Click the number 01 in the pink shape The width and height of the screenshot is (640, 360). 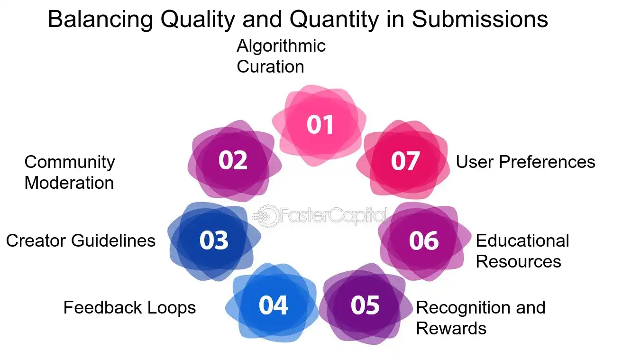320,124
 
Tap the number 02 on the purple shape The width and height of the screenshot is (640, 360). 233,161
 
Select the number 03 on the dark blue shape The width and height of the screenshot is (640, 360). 214,240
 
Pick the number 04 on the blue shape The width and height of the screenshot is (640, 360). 274,305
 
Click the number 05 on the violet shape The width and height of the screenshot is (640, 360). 366,305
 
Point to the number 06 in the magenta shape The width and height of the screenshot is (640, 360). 424,240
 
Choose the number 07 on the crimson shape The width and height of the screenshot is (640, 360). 405,161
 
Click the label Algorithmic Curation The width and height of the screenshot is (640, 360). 281,56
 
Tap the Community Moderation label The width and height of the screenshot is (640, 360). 69,172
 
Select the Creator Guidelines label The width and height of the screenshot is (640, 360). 81,240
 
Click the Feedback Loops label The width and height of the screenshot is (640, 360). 129,307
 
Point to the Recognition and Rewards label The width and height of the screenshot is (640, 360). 480,318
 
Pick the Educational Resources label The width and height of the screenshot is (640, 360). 522,251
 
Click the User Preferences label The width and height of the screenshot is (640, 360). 525,162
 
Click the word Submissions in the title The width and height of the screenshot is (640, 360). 479,20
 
